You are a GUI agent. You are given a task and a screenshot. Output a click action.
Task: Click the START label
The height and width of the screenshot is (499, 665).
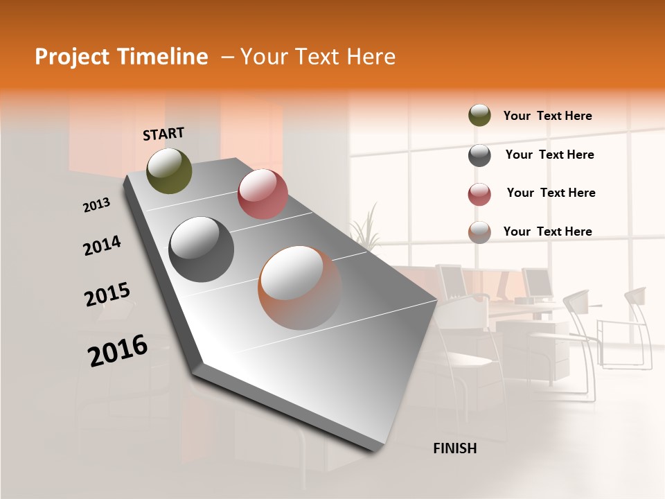click(163, 134)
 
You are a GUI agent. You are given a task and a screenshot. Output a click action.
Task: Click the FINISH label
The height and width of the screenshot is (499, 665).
click(454, 448)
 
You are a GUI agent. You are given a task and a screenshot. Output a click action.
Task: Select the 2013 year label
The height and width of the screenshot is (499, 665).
click(96, 205)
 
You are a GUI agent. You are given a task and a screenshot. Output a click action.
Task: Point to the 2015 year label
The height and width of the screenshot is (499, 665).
click(107, 295)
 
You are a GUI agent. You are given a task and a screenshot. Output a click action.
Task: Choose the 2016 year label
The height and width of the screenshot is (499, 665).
click(118, 351)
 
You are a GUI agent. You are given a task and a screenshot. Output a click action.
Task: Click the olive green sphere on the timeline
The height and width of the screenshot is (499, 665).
click(170, 170)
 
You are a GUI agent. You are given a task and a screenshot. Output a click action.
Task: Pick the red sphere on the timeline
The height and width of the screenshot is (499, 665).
click(263, 194)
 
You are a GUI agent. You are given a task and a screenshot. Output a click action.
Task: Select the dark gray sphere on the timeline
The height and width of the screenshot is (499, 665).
click(202, 249)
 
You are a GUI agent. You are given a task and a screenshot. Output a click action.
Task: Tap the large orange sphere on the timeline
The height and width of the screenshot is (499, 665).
click(300, 288)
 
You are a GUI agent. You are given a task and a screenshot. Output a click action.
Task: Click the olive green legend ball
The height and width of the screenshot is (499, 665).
click(479, 116)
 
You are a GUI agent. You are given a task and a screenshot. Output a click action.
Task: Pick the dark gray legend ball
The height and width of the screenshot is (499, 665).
click(479, 155)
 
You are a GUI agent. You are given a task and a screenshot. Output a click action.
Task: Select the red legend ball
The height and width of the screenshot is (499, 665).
click(479, 194)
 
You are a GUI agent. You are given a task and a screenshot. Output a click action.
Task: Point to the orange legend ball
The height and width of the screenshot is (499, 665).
click(479, 232)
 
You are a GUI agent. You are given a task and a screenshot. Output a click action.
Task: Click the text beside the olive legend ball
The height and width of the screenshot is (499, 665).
click(547, 116)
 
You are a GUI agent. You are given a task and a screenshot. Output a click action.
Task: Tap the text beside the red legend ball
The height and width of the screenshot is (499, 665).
click(551, 193)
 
